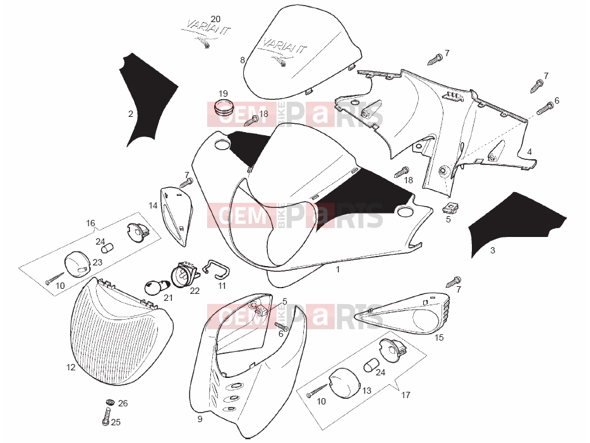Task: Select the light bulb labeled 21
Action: point(154,287)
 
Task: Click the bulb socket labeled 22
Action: point(184,276)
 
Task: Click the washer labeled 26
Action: point(111,402)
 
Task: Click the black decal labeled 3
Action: point(517,224)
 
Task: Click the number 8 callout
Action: point(243,60)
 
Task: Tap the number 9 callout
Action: point(200,419)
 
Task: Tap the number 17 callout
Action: point(406,395)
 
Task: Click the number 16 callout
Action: point(90,223)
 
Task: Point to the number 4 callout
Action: point(529,152)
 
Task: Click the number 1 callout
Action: point(337,269)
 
